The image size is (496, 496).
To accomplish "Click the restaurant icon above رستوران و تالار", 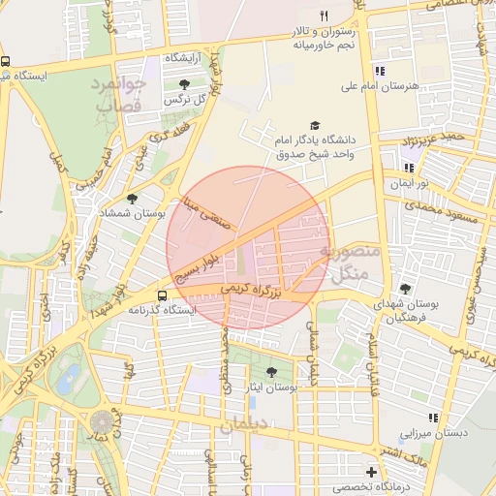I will pos(325,15).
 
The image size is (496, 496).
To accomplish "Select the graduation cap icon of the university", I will pos(313,126).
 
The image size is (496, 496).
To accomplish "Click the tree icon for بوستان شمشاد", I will pos(133,198).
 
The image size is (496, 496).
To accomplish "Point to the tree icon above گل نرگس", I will pos(184,85).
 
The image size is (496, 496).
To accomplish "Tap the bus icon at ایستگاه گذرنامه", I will pos(162,295).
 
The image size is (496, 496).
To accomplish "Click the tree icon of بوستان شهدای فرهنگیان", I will pos(405,289).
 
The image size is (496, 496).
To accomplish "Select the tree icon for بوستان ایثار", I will pos(270,372).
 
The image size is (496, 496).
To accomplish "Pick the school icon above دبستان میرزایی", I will pos(433,418).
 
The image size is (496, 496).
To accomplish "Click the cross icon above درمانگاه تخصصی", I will pos(371,472).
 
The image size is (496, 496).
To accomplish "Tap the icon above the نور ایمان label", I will pos(408,167).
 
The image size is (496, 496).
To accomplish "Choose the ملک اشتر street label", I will pos(396,453).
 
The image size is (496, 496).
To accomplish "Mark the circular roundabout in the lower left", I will pos(103,422).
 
